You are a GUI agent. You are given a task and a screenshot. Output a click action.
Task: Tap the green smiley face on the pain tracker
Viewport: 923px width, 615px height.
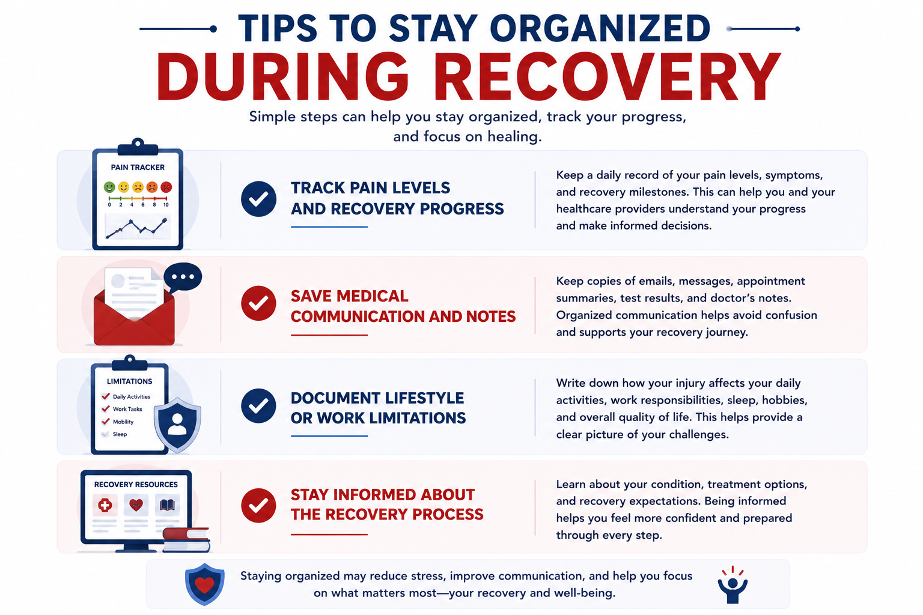click(x=109, y=187)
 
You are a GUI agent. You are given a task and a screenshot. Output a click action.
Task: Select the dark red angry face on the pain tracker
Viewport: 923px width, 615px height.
click(x=166, y=187)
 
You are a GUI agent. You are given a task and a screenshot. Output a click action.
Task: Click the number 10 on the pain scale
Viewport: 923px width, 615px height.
click(x=166, y=205)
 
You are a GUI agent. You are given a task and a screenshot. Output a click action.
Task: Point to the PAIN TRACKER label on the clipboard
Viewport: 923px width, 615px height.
click(x=138, y=167)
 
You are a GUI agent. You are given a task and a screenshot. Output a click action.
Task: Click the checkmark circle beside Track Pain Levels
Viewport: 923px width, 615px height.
click(x=259, y=199)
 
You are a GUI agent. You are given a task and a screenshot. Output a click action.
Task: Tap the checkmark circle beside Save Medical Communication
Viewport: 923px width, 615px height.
click(x=259, y=303)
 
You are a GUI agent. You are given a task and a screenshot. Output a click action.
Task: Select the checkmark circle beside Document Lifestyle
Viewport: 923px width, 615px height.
click(x=259, y=406)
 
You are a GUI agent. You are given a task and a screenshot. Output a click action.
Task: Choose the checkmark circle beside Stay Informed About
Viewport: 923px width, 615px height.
click(x=259, y=506)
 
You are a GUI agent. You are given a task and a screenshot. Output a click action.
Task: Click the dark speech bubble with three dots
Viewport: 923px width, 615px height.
click(x=183, y=277)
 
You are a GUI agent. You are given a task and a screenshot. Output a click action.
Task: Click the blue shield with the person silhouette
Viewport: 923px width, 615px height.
click(x=178, y=425)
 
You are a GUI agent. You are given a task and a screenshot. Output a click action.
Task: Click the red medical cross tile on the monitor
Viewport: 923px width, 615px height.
click(x=105, y=505)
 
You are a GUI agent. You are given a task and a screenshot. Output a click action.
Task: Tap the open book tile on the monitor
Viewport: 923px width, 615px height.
click(x=167, y=505)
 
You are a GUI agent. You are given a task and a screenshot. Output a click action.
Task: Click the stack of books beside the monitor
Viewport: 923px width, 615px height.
click(x=187, y=539)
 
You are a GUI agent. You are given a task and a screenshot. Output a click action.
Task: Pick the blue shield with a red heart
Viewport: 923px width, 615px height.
click(x=205, y=584)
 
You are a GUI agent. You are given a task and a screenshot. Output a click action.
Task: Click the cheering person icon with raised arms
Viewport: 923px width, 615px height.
click(x=733, y=585)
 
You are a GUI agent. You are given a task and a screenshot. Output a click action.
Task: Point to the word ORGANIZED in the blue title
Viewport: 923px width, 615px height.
click(x=600, y=29)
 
